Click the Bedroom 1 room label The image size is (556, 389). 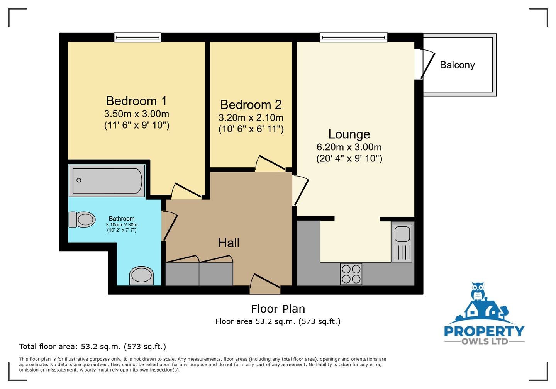pyautogui.click(x=136, y=101)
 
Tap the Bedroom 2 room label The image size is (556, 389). pyautogui.click(x=251, y=105)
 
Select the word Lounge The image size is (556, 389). pyautogui.click(x=349, y=134)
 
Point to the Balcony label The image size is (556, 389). pyautogui.click(x=457, y=65)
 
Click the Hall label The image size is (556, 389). pyautogui.click(x=229, y=243)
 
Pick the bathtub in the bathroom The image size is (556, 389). pyautogui.click(x=107, y=181)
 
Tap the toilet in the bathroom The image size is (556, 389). pyautogui.click(x=82, y=219)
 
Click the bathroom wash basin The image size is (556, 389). pyautogui.click(x=141, y=276)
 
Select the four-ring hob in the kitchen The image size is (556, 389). pyautogui.click(x=351, y=274)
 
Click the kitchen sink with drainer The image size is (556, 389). pyautogui.click(x=402, y=242)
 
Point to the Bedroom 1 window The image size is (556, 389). pyautogui.click(x=137, y=37)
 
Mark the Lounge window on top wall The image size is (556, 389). pyautogui.click(x=353, y=37)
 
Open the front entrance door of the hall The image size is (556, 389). pyautogui.click(x=265, y=284)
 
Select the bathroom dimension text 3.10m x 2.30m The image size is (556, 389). pyautogui.click(x=122, y=225)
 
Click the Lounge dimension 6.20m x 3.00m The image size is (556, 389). pyautogui.click(x=349, y=147)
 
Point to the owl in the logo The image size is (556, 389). pyautogui.click(x=478, y=291)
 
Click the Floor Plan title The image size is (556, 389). pyautogui.click(x=278, y=309)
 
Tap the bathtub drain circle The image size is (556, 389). pyautogui.click(x=79, y=180)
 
